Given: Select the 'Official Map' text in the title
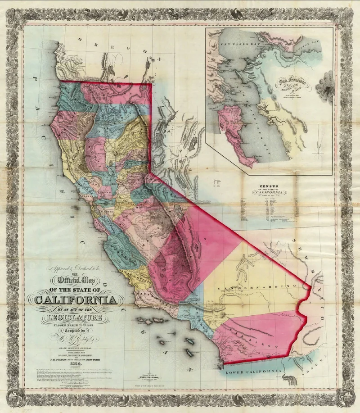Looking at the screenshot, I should pos(74,283).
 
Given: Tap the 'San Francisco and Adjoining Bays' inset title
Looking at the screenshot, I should pos(291,86).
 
